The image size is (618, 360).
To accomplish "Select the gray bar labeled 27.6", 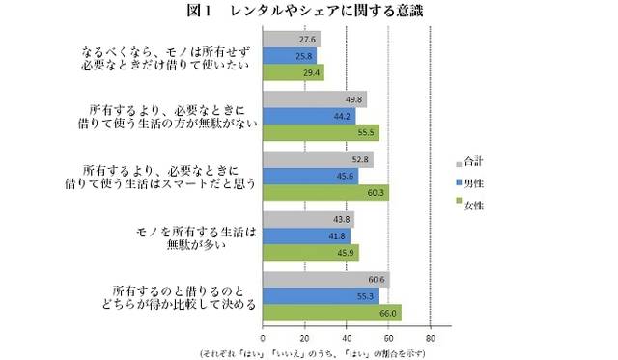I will [x=292, y=40].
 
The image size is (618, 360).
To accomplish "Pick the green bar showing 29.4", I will [x=294, y=72].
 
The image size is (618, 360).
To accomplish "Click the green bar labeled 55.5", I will [x=322, y=132].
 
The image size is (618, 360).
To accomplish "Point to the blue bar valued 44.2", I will [x=309, y=116].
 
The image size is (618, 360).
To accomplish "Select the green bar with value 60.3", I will [x=326, y=192].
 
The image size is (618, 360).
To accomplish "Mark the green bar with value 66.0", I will [x=332, y=312].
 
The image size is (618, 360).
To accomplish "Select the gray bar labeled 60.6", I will [x=326, y=279].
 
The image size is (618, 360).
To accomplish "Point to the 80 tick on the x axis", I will [x=431, y=338].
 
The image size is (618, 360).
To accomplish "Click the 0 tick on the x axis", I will [x=264, y=338].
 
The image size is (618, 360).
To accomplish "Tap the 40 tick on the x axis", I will [x=347, y=338].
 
